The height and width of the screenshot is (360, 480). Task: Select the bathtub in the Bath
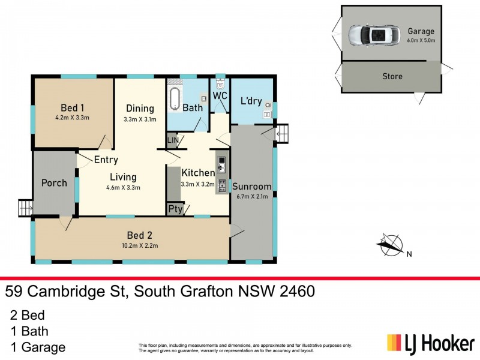(x=175, y=99)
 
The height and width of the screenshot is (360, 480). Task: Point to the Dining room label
(x=139, y=109)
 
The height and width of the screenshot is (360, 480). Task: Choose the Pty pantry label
(x=175, y=209)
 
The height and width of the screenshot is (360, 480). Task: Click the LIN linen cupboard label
(x=173, y=140)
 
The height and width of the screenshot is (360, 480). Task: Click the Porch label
(x=54, y=182)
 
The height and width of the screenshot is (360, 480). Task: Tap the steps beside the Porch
(x=25, y=208)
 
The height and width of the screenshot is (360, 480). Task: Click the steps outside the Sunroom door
(x=282, y=133)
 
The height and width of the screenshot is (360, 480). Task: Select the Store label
(x=392, y=76)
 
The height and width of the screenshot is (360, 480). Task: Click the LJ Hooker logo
(x=430, y=343)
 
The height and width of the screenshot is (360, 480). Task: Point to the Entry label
(x=106, y=160)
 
